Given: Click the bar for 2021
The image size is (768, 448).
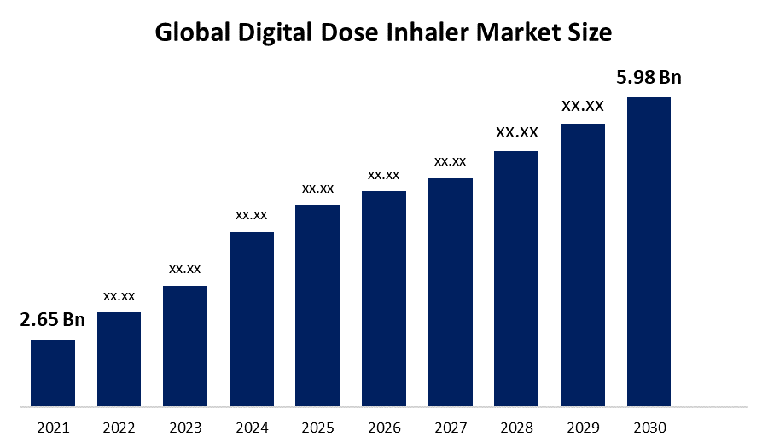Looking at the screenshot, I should pyautogui.click(x=53, y=372).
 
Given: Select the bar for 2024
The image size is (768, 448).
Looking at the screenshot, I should pyautogui.click(x=252, y=318).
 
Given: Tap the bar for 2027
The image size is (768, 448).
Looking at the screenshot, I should pyautogui.click(x=451, y=292).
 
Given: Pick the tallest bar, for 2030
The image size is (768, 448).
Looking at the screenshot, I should pyautogui.click(x=649, y=251).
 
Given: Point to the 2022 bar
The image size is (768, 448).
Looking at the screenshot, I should pyautogui.click(x=119, y=358).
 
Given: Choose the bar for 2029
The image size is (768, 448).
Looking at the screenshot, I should pyautogui.click(x=583, y=265).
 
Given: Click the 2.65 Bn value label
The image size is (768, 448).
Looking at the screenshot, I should pyautogui.click(x=53, y=321).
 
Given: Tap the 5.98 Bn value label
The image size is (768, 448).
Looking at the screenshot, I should pyautogui.click(x=649, y=78).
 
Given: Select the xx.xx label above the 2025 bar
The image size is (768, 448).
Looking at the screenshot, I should pyautogui.click(x=317, y=188).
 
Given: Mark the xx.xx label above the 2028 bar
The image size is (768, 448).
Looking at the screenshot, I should pyautogui.click(x=516, y=132).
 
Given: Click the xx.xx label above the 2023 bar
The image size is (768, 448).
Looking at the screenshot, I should pyautogui.click(x=185, y=268).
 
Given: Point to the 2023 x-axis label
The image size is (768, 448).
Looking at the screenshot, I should pyautogui.click(x=185, y=428).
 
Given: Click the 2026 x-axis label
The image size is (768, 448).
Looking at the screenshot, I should pyautogui.click(x=384, y=428).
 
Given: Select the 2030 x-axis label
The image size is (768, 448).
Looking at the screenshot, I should pyautogui.click(x=649, y=428).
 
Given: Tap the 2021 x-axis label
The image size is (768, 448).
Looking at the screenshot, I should pyautogui.click(x=53, y=428).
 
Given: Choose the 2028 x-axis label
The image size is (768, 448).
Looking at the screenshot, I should pyautogui.click(x=516, y=428).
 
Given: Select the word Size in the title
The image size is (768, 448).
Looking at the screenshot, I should pyautogui.click(x=591, y=33).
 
